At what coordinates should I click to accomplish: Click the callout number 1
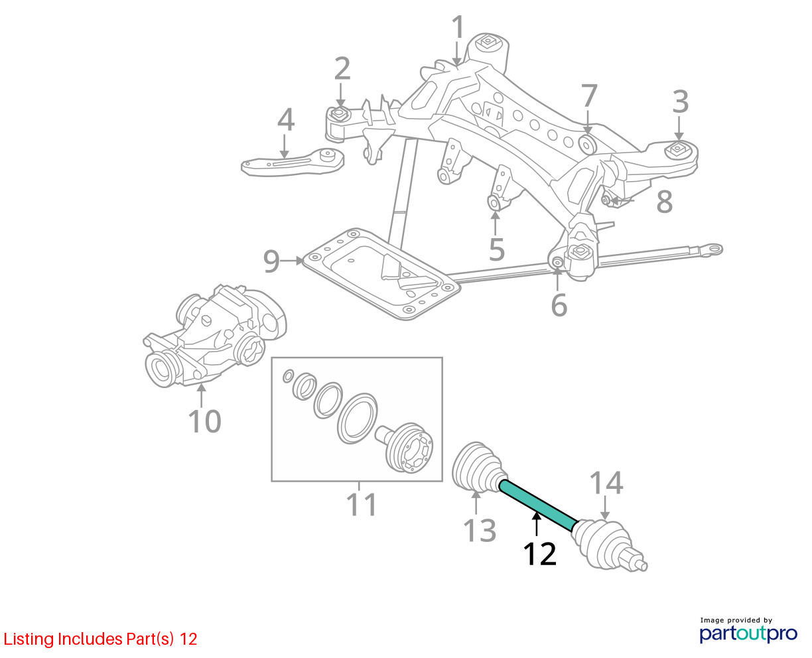tap(458, 28)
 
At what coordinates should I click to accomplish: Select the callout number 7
tap(589, 97)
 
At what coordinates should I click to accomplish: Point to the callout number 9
tap(271, 261)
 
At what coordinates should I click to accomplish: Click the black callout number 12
tap(539, 554)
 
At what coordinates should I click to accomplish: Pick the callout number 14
tap(606, 483)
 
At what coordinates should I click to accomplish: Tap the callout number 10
tap(204, 421)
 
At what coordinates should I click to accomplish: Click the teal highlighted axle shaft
tap(538, 506)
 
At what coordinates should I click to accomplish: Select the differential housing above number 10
tap(216, 335)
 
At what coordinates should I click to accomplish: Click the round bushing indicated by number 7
tap(588, 145)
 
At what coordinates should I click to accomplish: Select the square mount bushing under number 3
tap(679, 149)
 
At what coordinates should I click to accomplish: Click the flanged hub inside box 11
tap(409, 448)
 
